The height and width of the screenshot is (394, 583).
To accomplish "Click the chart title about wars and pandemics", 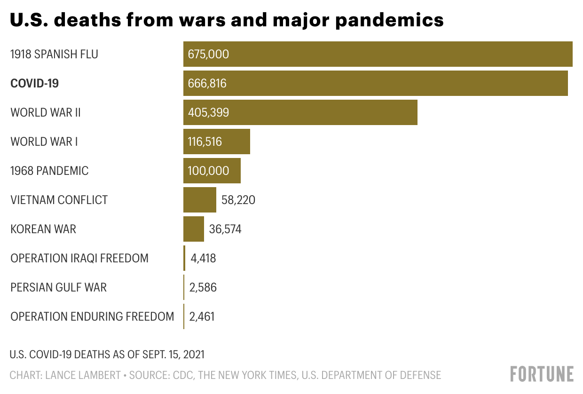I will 227,20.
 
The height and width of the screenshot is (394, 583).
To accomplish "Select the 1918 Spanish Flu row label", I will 54,54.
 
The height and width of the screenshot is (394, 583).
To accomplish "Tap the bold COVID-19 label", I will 34,83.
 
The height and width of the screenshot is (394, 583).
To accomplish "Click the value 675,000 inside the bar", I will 208,54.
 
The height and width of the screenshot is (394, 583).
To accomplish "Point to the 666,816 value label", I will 207,83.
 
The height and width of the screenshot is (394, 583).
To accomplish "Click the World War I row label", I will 44,142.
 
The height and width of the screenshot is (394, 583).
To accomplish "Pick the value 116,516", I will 205,142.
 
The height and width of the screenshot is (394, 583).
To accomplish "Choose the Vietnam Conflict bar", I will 199,200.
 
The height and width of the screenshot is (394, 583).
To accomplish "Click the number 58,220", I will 238,200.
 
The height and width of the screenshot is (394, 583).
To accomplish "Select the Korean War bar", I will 193,229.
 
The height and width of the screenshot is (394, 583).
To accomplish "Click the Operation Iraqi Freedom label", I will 79,258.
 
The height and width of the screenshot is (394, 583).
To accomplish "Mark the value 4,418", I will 203,258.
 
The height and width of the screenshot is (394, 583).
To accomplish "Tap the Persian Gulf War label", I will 58,287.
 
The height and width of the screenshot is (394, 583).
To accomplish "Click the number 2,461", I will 202,316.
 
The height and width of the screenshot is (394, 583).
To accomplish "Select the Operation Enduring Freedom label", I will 92,316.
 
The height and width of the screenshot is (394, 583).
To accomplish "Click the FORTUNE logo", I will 542,374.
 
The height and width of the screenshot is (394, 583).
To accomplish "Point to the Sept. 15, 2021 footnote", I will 107,354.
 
